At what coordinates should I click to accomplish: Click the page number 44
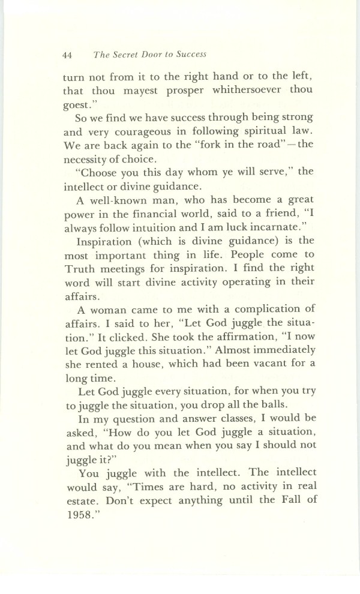67,55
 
